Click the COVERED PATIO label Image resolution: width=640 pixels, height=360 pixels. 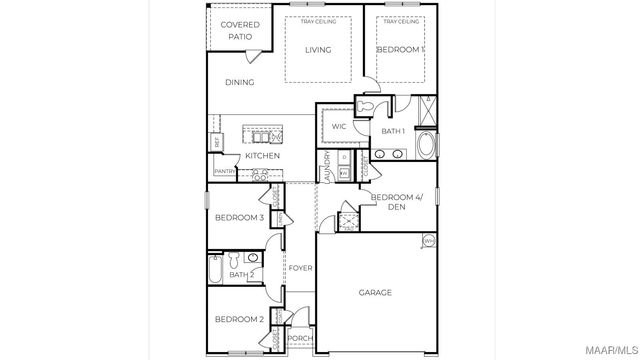pyautogui.click(x=239, y=30)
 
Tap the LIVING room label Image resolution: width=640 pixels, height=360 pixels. pyautogui.click(x=318, y=50)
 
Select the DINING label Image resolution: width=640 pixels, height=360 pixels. pyautogui.click(x=239, y=83)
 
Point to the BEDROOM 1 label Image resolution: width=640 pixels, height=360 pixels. pyautogui.click(x=400, y=49)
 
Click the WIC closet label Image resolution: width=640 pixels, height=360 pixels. pyautogui.click(x=339, y=126)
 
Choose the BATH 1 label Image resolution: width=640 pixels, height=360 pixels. pyautogui.click(x=393, y=131)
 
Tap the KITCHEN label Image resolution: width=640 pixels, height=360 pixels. pyautogui.click(x=262, y=156)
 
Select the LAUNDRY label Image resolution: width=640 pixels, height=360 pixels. pyautogui.click(x=325, y=166)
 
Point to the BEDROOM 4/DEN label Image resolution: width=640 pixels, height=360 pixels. pyautogui.click(x=397, y=201)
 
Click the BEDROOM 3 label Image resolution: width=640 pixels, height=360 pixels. pyautogui.click(x=239, y=217)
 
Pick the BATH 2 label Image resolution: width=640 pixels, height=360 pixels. pyautogui.click(x=240, y=274)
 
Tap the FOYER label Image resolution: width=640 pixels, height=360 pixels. pyautogui.click(x=300, y=268)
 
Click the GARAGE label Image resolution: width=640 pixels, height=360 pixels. pyautogui.click(x=375, y=293)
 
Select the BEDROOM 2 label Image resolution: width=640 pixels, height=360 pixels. pyautogui.click(x=239, y=319)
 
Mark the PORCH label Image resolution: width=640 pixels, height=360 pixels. pyautogui.click(x=299, y=338)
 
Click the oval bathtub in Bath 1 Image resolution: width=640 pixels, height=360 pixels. pyautogui.click(x=427, y=147)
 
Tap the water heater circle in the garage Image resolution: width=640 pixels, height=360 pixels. pyautogui.click(x=429, y=241)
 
